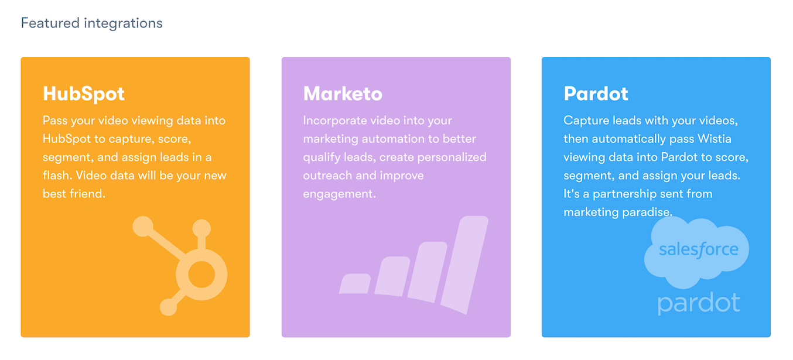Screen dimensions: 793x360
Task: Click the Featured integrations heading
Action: (x=92, y=23)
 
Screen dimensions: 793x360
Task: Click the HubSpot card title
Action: (x=84, y=94)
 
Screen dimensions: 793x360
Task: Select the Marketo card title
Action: (x=343, y=94)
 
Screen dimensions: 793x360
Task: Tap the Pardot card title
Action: (x=596, y=94)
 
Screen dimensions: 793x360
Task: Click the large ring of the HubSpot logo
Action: (x=202, y=256)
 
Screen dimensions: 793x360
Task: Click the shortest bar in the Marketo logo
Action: (x=355, y=283)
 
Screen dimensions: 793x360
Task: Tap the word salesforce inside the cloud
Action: (x=699, y=250)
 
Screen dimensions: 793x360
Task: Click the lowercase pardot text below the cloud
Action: (x=699, y=304)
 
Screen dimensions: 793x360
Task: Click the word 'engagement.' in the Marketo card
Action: (x=339, y=194)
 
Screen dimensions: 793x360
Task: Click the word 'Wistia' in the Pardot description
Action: (x=715, y=139)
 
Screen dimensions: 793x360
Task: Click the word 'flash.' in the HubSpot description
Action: (x=58, y=175)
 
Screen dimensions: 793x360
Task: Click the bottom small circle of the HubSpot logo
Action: (x=169, y=307)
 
